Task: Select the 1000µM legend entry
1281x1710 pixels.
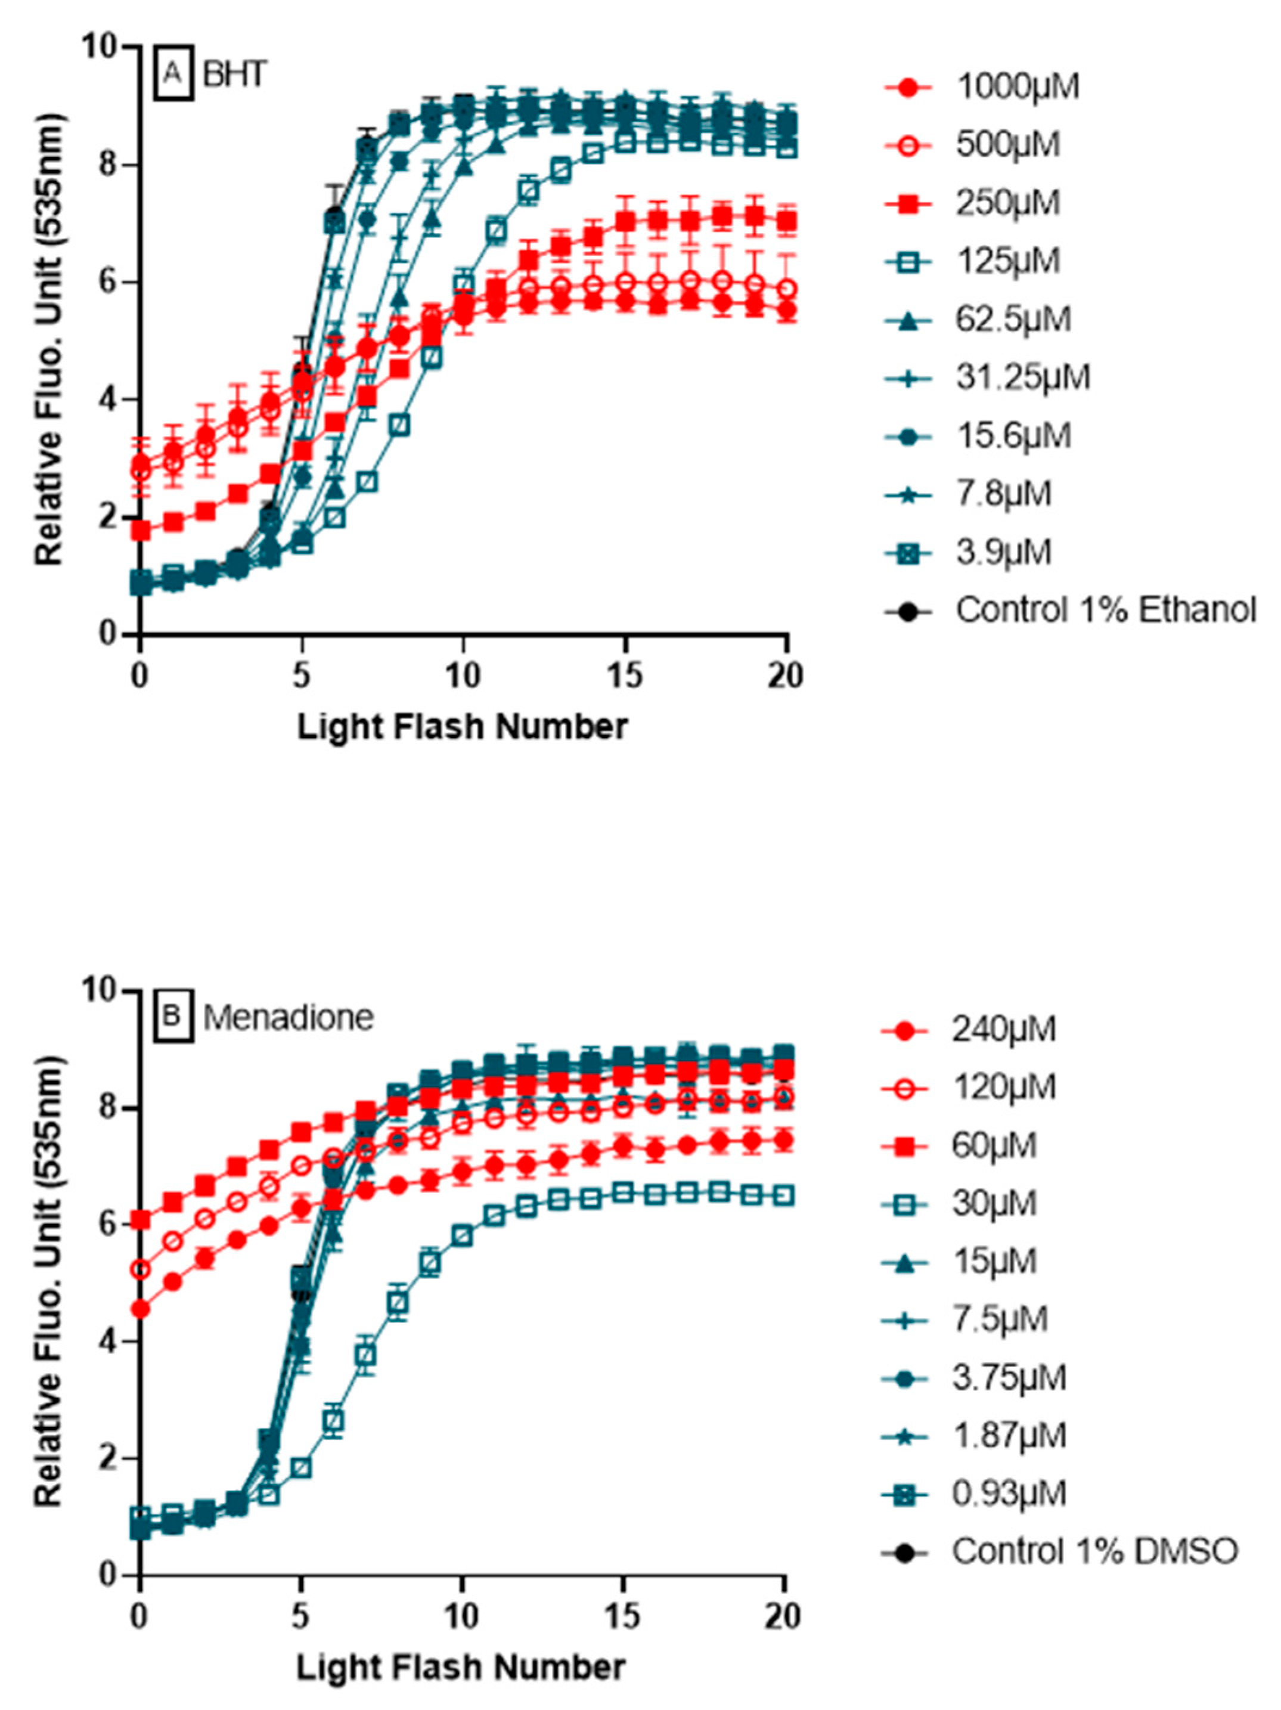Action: tap(1016, 86)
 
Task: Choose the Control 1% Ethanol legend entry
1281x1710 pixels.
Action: tap(1106, 610)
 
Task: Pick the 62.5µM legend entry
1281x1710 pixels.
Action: tap(1013, 318)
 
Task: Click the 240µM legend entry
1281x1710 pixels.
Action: tap(1003, 1030)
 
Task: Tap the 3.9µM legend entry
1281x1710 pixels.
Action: tap(1003, 552)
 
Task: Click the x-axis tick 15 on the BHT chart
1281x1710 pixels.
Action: tap(625, 676)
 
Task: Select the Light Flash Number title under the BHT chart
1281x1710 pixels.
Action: tap(463, 727)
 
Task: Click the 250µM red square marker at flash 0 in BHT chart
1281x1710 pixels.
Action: tap(141, 530)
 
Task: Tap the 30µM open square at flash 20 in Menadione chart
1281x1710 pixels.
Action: tap(784, 1196)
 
